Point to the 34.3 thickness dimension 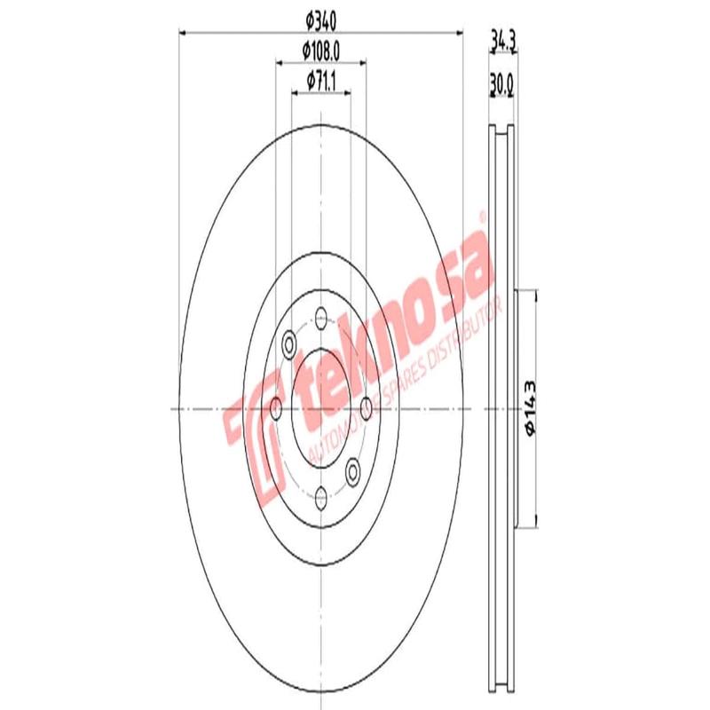pyautogui.click(x=503, y=39)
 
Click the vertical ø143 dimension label pyautogui.click(x=531, y=407)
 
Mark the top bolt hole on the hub pyautogui.click(x=320, y=315)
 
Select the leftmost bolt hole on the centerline pyautogui.click(x=276, y=408)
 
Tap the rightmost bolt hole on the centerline pyautogui.click(x=366, y=408)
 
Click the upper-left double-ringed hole pyautogui.click(x=288, y=344)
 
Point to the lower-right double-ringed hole pyautogui.click(x=352, y=471)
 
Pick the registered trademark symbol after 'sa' pyautogui.click(x=482, y=215)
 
